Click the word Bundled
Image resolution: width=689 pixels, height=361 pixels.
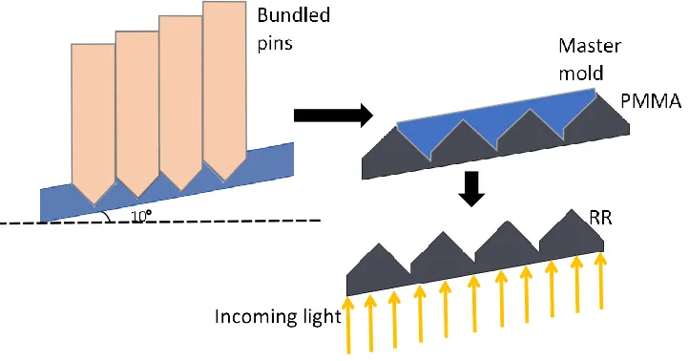pos(294,15)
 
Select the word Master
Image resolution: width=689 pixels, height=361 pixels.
pos(590,46)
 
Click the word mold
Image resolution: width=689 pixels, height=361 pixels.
pos(580,73)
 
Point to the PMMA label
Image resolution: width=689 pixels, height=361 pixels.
pos(651,101)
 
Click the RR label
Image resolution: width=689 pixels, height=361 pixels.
pos(600,218)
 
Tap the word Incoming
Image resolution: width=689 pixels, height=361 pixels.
pos(257,317)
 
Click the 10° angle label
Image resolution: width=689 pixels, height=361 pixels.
pos(141,216)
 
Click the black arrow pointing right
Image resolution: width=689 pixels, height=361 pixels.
pos(333,116)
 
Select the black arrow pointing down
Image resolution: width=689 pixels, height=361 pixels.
pos(471,189)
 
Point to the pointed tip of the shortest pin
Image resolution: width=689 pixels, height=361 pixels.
pos(94,205)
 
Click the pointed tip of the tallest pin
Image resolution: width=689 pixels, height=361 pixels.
pos(224,181)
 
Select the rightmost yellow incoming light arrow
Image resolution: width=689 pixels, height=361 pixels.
pos(600,281)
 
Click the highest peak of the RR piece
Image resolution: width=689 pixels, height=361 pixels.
pos(572,210)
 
